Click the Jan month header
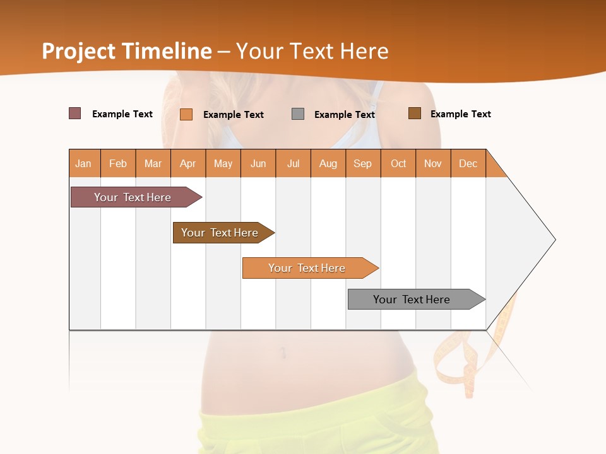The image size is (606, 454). [x=83, y=163]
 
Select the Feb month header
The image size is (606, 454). [x=118, y=163]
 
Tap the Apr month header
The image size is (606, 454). [x=187, y=163]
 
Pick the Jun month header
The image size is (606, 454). [x=258, y=163]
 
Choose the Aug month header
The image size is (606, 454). [x=328, y=163]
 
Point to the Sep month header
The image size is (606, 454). [x=362, y=163]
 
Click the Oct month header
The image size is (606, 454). [x=398, y=163]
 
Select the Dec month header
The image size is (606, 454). [x=468, y=163]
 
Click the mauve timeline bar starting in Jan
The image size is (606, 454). [x=133, y=197]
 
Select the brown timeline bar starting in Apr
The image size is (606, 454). [x=220, y=233]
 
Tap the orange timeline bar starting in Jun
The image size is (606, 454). [x=307, y=268]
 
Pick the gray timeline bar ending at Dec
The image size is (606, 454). [x=412, y=300]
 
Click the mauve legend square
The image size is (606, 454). [x=75, y=113]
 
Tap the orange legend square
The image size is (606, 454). [x=186, y=114]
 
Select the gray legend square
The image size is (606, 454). [x=298, y=114]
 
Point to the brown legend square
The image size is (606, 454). [x=415, y=113]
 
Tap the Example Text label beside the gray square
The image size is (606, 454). [x=345, y=115]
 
